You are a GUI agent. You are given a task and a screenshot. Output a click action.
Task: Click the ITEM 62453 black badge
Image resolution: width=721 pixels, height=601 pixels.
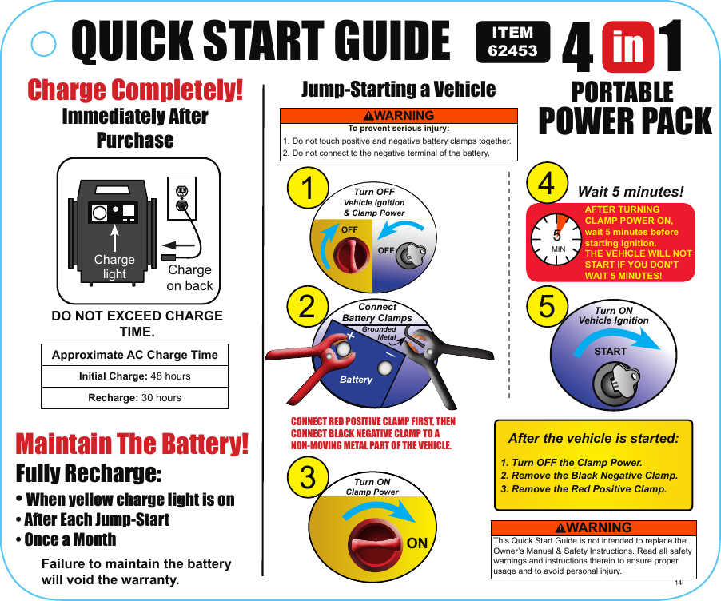click(512, 42)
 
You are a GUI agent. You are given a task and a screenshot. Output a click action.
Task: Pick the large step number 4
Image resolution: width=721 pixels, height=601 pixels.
click(547, 183)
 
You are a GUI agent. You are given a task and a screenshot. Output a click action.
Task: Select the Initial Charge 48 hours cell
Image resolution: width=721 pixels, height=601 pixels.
click(134, 376)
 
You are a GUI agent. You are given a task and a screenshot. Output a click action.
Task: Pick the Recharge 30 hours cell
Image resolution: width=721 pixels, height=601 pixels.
click(134, 397)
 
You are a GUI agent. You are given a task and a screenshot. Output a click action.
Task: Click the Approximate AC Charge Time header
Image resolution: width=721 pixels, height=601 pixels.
click(134, 355)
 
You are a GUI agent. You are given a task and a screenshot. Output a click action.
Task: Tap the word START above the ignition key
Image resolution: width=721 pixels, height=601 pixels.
click(610, 351)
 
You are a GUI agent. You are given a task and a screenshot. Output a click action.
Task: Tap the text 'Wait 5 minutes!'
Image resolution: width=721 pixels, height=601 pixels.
click(631, 193)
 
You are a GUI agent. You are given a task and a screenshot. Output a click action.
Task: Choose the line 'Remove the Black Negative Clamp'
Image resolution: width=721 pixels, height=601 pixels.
click(588, 476)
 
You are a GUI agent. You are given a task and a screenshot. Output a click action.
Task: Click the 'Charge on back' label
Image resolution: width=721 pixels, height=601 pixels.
click(189, 278)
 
